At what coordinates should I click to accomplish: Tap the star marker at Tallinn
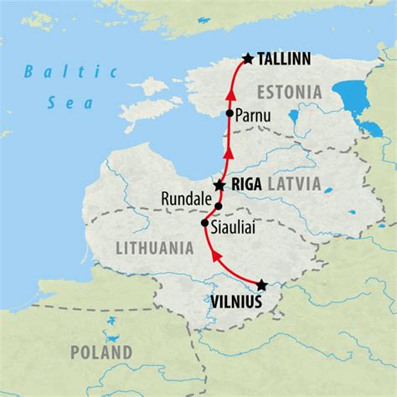[247, 59]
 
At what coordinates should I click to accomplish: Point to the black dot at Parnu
[229, 113]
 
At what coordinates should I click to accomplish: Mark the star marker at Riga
[219, 185]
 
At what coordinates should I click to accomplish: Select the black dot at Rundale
[219, 205]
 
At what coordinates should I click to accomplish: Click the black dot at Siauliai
[205, 224]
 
